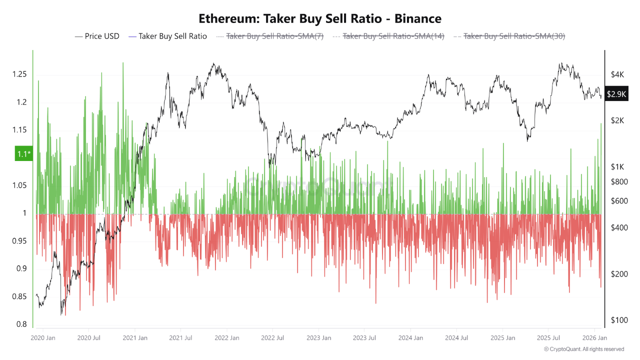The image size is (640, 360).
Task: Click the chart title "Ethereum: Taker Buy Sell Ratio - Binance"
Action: pyautogui.click(x=320, y=18)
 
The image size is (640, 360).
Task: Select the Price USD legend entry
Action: pyautogui.click(x=97, y=36)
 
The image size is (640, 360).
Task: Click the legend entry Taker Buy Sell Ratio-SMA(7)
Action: pyautogui.click(x=270, y=36)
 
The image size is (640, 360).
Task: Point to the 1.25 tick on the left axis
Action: pyautogui.click(x=19, y=74)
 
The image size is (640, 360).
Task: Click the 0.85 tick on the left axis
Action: pyautogui.click(x=19, y=297)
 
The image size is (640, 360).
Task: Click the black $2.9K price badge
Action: pyautogui.click(x=616, y=94)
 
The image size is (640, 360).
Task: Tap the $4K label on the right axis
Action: pyautogui.click(x=617, y=74)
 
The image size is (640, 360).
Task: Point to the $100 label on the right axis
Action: pyautogui.click(x=619, y=320)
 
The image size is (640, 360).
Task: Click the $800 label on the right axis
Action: pyautogui.click(x=619, y=182)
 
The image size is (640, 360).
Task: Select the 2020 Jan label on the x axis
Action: pyautogui.click(x=43, y=338)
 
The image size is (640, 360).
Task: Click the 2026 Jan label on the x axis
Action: pyautogui.click(x=594, y=338)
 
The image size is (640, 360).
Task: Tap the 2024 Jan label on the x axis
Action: pyautogui.click(x=411, y=338)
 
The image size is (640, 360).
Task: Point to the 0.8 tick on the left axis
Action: pyautogui.click(x=21, y=324)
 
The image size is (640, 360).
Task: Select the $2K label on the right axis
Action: pyautogui.click(x=617, y=120)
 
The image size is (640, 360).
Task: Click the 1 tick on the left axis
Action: pyautogui.click(x=25, y=213)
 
